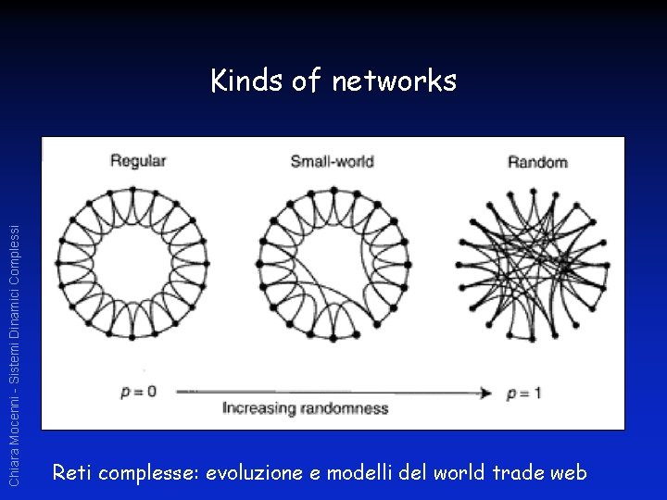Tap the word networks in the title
394,81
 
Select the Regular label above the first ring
138,161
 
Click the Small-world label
332,161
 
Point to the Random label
537,162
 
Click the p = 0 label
138,391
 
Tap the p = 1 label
524,393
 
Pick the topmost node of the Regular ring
132,189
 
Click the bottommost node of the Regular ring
132,337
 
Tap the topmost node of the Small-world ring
333,189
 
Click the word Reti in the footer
72,472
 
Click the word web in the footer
569,472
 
